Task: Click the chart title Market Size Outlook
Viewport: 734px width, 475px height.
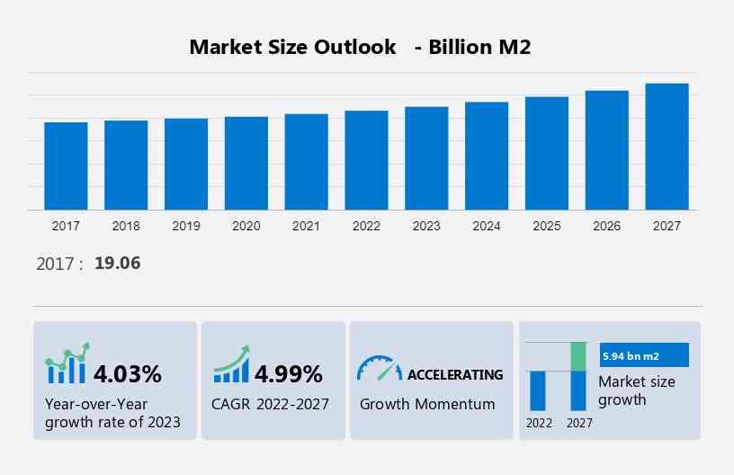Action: [292, 48]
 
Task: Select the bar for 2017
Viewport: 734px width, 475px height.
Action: [66, 166]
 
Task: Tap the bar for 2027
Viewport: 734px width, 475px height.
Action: [667, 147]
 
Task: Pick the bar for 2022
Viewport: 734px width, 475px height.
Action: [366, 160]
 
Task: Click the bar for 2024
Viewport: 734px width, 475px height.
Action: [487, 156]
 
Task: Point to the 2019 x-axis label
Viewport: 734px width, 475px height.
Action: [186, 226]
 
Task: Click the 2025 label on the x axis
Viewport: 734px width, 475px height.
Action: [547, 226]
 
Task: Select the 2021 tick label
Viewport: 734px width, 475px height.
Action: [306, 226]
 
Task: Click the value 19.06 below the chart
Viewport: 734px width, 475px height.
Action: [117, 263]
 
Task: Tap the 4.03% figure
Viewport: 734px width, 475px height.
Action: [128, 373]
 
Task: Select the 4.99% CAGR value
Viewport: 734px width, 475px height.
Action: [288, 373]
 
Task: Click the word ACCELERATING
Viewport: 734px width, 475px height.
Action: [455, 374]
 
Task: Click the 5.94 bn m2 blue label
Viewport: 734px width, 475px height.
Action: [642, 355]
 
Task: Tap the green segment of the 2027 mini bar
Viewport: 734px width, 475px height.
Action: [578, 356]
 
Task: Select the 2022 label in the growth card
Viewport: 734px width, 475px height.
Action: [539, 421]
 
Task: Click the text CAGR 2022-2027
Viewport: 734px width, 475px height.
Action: [271, 404]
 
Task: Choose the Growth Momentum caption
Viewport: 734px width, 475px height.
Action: [427, 404]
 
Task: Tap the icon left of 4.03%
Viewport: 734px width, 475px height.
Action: [67, 364]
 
